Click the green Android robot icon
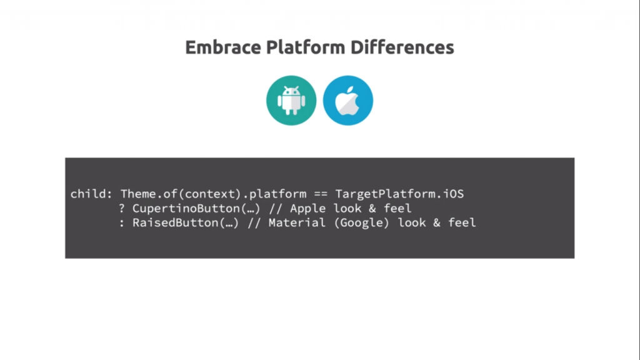click(x=291, y=101)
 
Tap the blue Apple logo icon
click(x=348, y=101)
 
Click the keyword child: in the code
click(x=91, y=194)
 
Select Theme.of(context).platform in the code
click(x=214, y=194)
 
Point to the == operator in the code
click(x=321, y=194)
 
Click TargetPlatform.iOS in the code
click(x=400, y=194)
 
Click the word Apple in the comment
click(x=308, y=208)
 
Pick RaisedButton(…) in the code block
click(x=186, y=222)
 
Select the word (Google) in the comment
click(x=362, y=222)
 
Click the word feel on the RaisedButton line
click(x=462, y=222)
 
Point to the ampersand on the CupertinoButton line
click(x=372, y=208)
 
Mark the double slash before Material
click(x=254, y=222)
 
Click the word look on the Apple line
click(x=347, y=208)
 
